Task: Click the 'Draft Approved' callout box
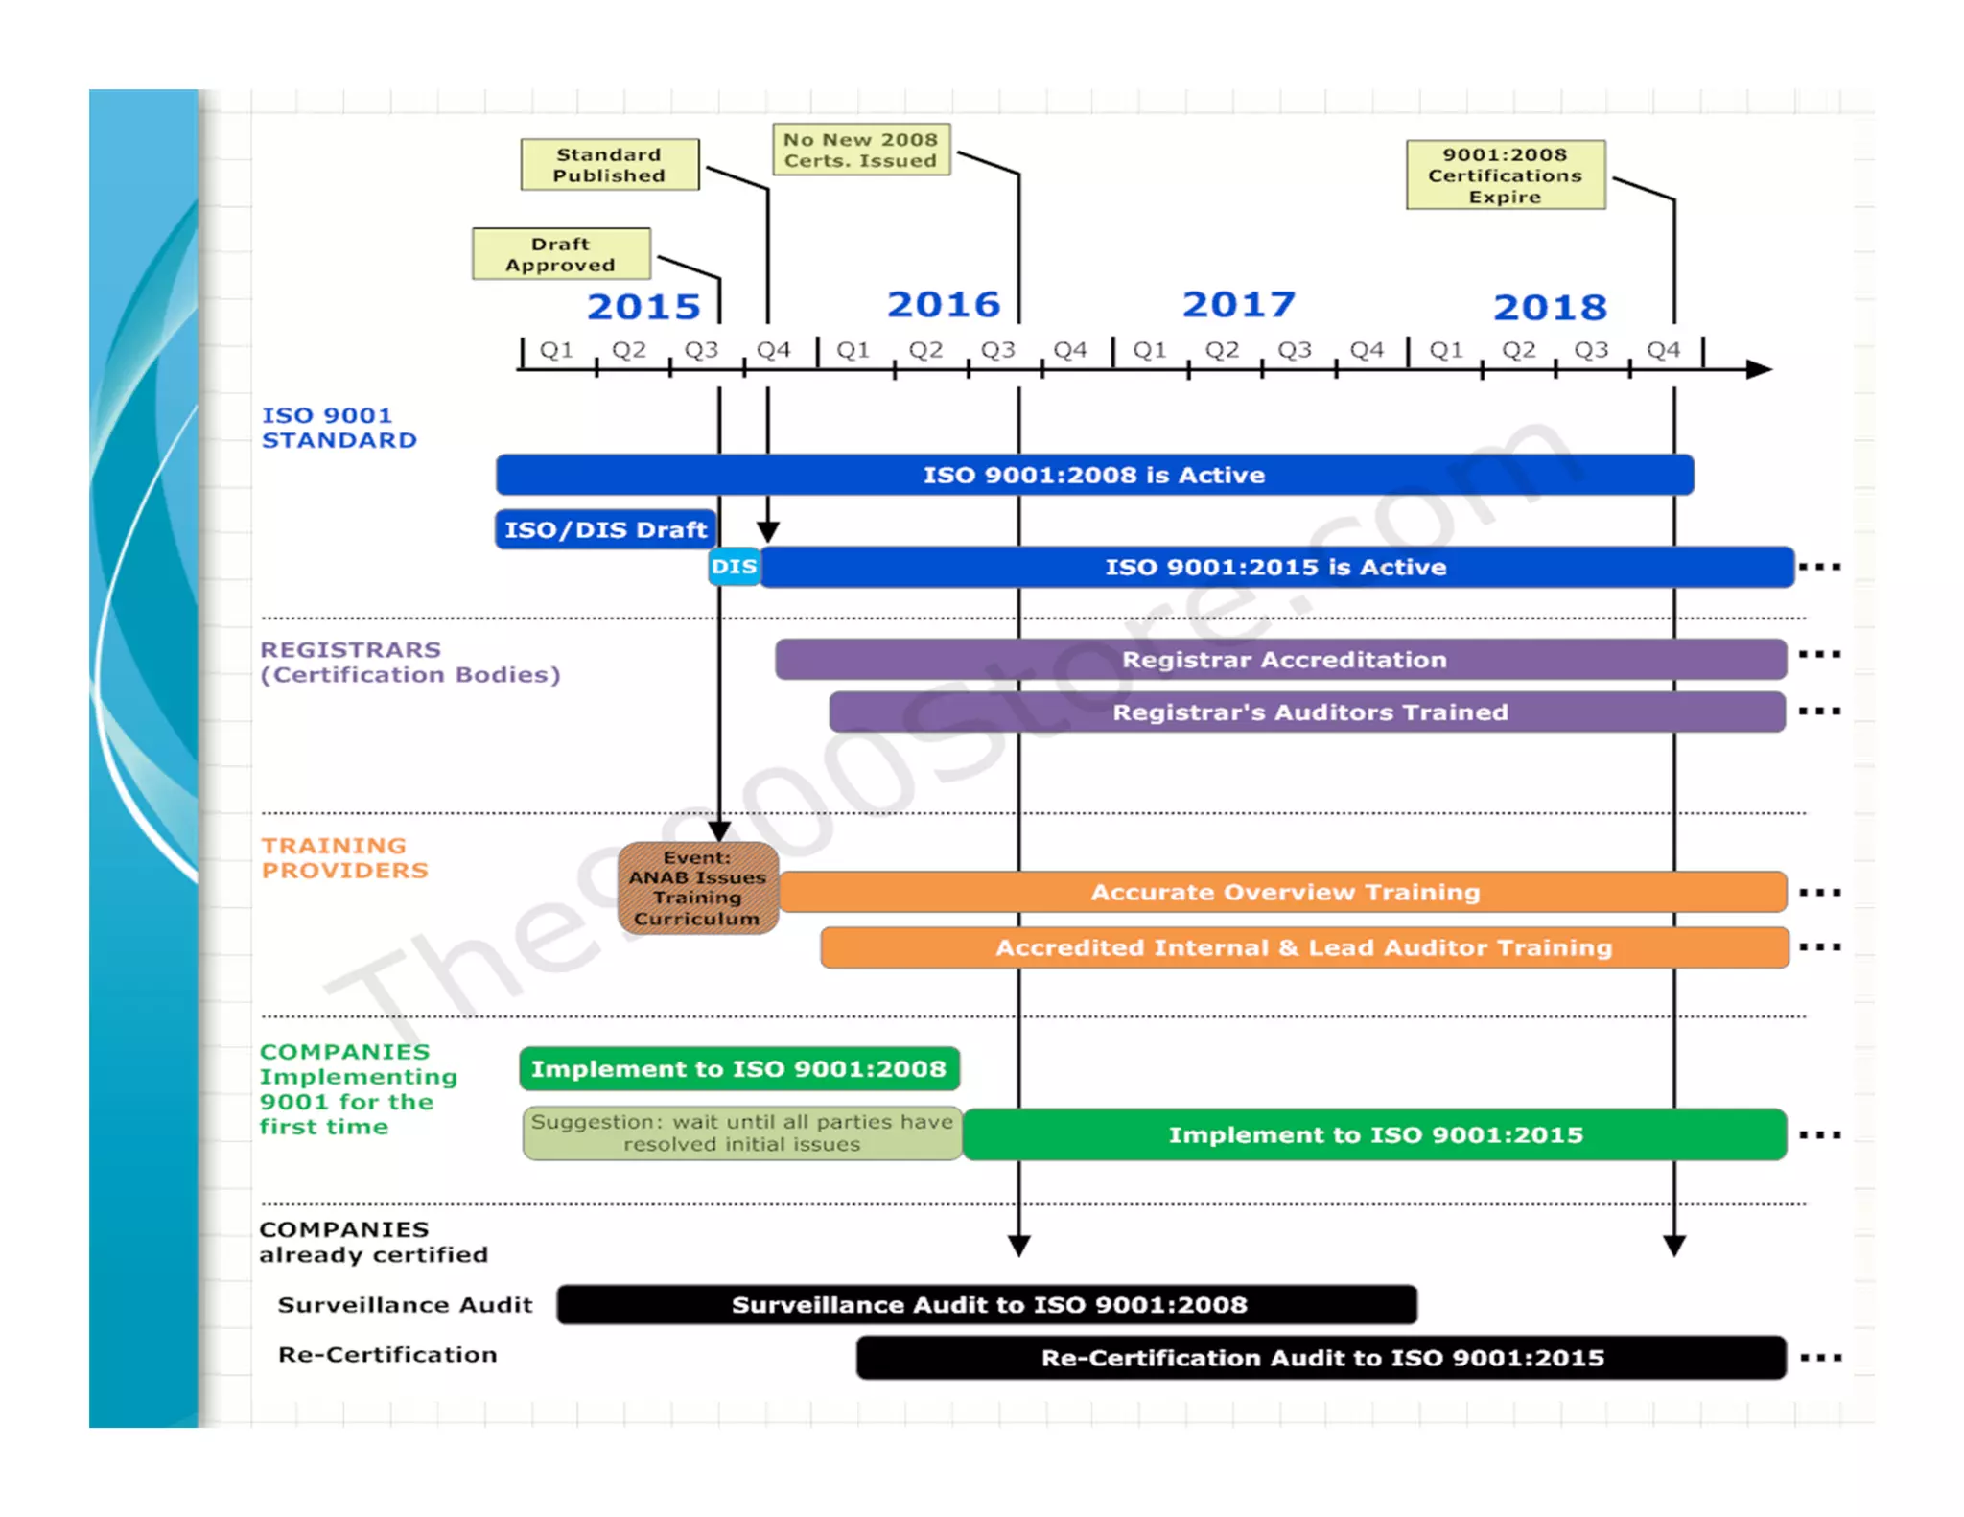pos(561,254)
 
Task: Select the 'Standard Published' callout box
pos(609,165)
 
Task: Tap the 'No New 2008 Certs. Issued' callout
pos(860,150)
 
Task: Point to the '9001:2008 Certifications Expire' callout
pos(1505,175)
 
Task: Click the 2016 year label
pos(944,305)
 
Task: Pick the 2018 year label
pos(1550,308)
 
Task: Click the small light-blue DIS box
pos(734,567)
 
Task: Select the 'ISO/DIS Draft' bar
pos(605,529)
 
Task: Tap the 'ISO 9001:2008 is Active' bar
pos(1093,475)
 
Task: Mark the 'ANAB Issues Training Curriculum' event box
pos(697,888)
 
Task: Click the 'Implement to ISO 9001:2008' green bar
pos(738,1069)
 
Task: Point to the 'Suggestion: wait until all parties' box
pos(741,1133)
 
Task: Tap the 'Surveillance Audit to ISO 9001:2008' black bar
pos(987,1305)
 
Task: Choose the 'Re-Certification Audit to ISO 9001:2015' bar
pos(1321,1358)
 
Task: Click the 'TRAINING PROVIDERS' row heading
pos(344,858)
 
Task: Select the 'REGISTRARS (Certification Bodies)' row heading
pos(409,663)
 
